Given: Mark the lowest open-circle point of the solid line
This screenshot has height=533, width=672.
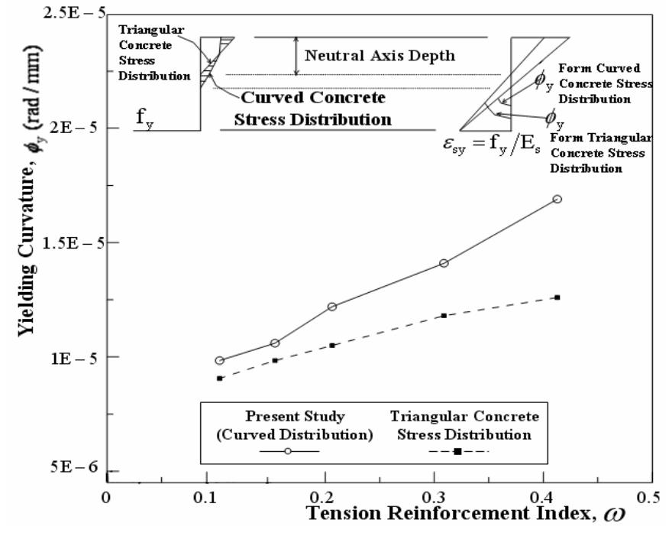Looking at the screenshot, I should (x=220, y=360).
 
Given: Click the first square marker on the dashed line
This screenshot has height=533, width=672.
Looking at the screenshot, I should (x=220, y=378).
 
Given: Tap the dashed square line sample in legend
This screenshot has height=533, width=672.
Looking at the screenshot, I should (x=457, y=451).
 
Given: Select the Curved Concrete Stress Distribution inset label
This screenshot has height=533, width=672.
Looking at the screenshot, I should (x=313, y=109).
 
